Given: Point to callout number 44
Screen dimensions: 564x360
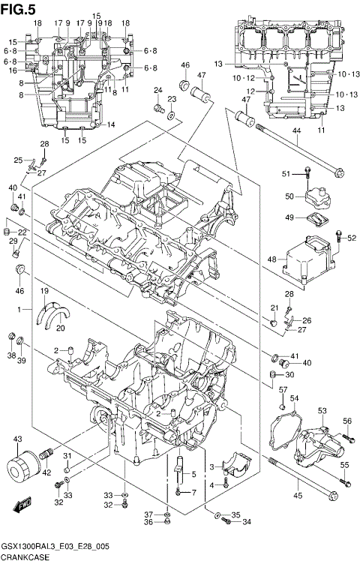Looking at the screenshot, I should pyautogui.click(x=295, y=131).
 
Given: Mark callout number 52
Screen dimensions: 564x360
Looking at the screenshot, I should pyautogui.click(x=352, y=238).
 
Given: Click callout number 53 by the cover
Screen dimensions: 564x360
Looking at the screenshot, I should pyautogui.click(x=322, y=410).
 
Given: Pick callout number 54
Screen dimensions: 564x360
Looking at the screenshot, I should pyautogui.click(x=295, y=397).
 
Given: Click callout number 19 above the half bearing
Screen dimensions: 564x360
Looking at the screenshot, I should pyautogui.click(x=44, y=290).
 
